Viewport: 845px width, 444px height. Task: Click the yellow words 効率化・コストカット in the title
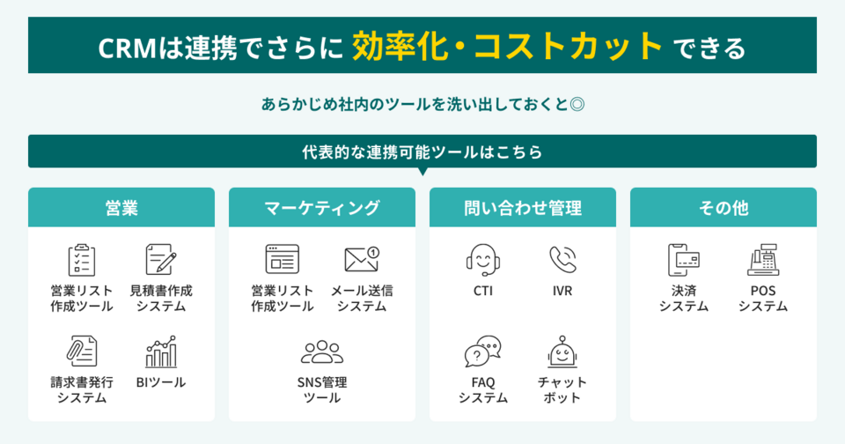coord(508,45)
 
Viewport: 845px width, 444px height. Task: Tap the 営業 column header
coord(121,208)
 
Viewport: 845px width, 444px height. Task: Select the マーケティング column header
coord(322,208)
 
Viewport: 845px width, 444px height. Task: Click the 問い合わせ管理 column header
coord(523,208)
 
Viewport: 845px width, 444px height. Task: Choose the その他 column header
coord(724,208)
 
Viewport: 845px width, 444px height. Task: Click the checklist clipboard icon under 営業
coord(82,260)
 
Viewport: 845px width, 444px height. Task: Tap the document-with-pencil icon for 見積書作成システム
coord(161,260)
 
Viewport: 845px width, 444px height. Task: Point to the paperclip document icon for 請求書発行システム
coord(82,351)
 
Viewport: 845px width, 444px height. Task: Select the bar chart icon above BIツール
coord(161,351)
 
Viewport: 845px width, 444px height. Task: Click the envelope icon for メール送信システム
coord(362,259)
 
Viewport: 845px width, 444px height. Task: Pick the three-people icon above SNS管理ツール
coord(322,352)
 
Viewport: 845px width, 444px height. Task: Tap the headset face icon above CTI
coord(483,259)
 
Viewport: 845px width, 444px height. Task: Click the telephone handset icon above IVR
coord(562,259)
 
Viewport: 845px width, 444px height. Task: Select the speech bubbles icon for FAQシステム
coord(483,351)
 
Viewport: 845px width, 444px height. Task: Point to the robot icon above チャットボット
coord(562,351)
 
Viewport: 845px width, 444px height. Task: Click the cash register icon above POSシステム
coord(763,259)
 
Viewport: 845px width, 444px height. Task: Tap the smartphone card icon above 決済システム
coord(684,259)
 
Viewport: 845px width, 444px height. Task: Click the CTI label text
coord(483,290)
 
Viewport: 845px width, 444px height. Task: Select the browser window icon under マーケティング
coord(283,259)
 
